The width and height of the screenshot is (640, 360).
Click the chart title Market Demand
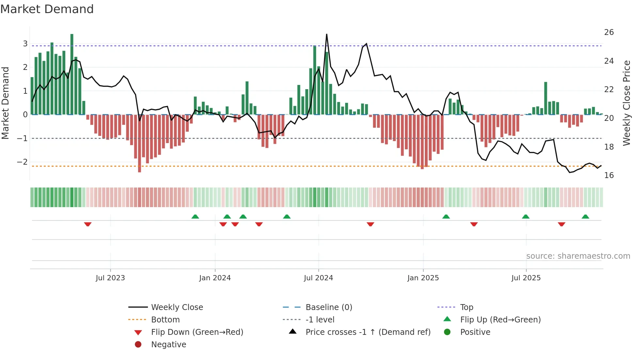pyautogui.click(x=47, y=9)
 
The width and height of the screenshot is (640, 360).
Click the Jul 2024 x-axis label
pyautogui.click(x=318, y=278)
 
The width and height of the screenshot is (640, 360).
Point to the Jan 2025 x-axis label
pyautogui.click(x=423, y=278)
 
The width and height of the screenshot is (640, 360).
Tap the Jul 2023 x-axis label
pyautogui.click(x=110, y=278)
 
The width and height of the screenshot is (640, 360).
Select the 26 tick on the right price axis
pyautogui.click(x=609, y=32)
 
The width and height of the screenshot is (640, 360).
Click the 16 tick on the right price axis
pyautogui.click(x=609, y=175)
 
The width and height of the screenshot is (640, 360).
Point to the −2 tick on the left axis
pyautogui.click(x=22, y=162)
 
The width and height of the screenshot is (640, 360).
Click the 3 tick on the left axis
pyautogui.click(x=25, y=44)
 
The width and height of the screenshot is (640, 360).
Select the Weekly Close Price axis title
pyautogui.click(x=626, y=103)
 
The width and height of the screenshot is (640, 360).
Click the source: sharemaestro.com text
pyautogui.click(x=578, y=256)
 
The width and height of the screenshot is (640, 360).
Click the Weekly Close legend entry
pyautogui.click(x=177, y=307)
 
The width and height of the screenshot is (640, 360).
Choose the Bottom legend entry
pyautogui.click(x=165, y=320)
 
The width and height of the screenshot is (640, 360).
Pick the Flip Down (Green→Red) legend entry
pyautogui.click(x=197, y=332)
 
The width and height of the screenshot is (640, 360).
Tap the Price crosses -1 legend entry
pyautogui.click(x=368, y=332)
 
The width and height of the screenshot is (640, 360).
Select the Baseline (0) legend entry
pyautogui.click(x=328, y=307)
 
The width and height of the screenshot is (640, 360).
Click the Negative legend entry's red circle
pyautogui.click(x=138, y=345)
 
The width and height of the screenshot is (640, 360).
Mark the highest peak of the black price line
pyautogui.click(x=327, y=35)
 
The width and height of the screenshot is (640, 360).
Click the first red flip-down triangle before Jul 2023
pyautogui.click(x=88, y=224)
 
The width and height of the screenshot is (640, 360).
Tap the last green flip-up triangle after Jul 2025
pyautogui.click(x=585, y=217)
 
